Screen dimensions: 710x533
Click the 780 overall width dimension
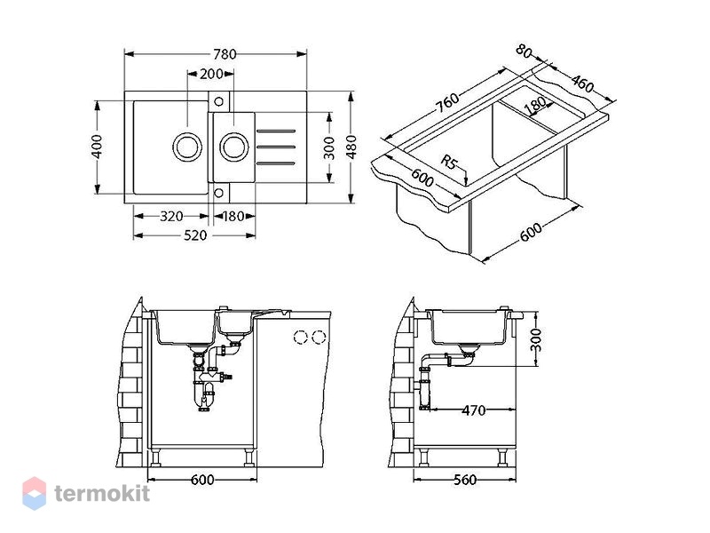pyautogui.click(x=225, y=54)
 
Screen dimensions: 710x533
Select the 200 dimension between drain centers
pyautogui.click(x=211, y=74)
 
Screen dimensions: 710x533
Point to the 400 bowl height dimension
pyautogui.click(x=97, y=146)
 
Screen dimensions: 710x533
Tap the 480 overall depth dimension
pyautogui.click(x=351, y=146)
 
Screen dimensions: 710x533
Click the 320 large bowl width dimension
pyautogui.click(x=171, y=216)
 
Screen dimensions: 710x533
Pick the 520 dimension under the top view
pyautogui.click(x=195, y=235)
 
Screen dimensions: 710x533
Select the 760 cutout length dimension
pyautogui.click(x=447, y=102)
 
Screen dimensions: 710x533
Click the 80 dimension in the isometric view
pyautogui.click(x=524, y=52)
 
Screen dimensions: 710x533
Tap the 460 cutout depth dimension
pyautogui.click(x=582, y=84)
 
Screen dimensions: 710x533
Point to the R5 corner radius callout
pyautogui.click(x=449, y=162)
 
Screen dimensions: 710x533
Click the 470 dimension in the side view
pyautogui.click(x=473, y=410)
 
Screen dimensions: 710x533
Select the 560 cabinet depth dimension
pyautogui.click(x=465, y=480)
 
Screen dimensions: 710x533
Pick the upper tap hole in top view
pyautogui.click(x=218, y=101)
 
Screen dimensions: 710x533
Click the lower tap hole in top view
pyautogui.click(x=218, y=193)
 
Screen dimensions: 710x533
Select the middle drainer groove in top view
pyautogui.click(x=276, y=147)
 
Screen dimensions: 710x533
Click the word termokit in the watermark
pyautogui.click(x=102, y=493)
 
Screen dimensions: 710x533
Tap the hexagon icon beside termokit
pyautogui.click(x=35, y=493)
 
